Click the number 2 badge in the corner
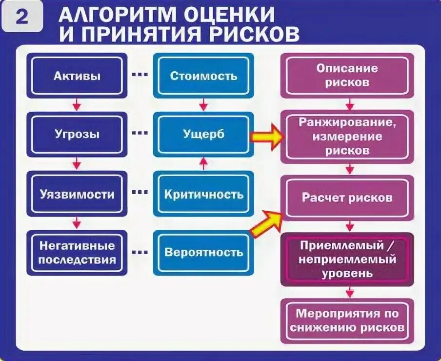click(22, 17)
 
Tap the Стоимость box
click(203, 76)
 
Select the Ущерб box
click(203, 134)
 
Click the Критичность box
click(203, 194)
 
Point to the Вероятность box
click(203, 252)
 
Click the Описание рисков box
click(347, 76)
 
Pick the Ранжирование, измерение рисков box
click(347, 136)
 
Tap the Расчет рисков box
click(347, 198)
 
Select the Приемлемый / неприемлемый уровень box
click(347, 259)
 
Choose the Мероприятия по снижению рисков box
click(347, 320)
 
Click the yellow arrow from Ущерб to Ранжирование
click(266, 137)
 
